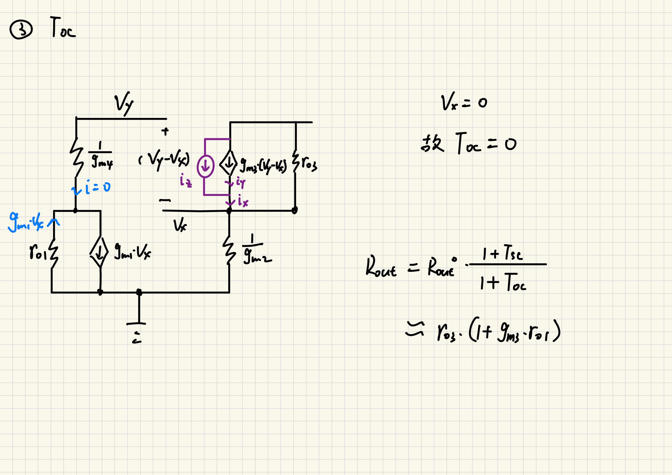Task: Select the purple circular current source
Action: [x=206, y=166]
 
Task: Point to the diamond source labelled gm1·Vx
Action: [x=99, y=252]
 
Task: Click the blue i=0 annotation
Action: [x=91, y=188]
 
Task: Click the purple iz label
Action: [x=186, y=181]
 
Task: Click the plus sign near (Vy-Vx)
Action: [x=165, y=131]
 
